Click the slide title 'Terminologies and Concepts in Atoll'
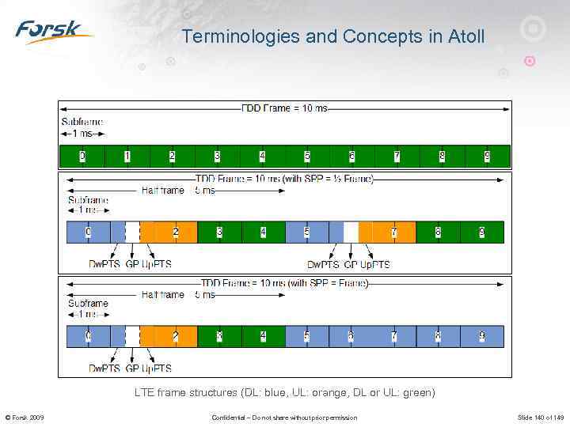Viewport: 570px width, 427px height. click(332, 36)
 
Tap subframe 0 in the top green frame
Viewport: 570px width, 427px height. click(82, 156)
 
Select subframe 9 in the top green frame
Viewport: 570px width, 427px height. click(487, 156)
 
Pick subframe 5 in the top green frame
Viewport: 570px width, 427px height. click(307, 156)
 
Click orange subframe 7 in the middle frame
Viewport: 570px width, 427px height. click(393, 232)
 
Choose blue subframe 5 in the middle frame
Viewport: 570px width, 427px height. click(307, 232)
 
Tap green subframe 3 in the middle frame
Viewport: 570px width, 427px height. click(219, 232)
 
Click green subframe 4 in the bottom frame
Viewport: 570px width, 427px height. click(263, 336)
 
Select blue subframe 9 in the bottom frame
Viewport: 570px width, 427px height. click(482, 336)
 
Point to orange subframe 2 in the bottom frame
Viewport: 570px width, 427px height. click(175, 336)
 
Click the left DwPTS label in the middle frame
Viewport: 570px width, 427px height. click(104, 264)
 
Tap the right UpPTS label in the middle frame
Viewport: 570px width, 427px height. click(375, 264)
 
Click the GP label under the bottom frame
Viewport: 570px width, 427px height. click(132, 368)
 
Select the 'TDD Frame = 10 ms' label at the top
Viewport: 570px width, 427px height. click(284, 108)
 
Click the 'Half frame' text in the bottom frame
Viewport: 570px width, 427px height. click(162, 295)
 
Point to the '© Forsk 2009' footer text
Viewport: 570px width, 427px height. click(25, 418)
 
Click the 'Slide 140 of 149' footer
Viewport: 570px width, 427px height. click(541, 418)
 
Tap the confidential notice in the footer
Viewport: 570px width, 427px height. click(284, 418)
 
